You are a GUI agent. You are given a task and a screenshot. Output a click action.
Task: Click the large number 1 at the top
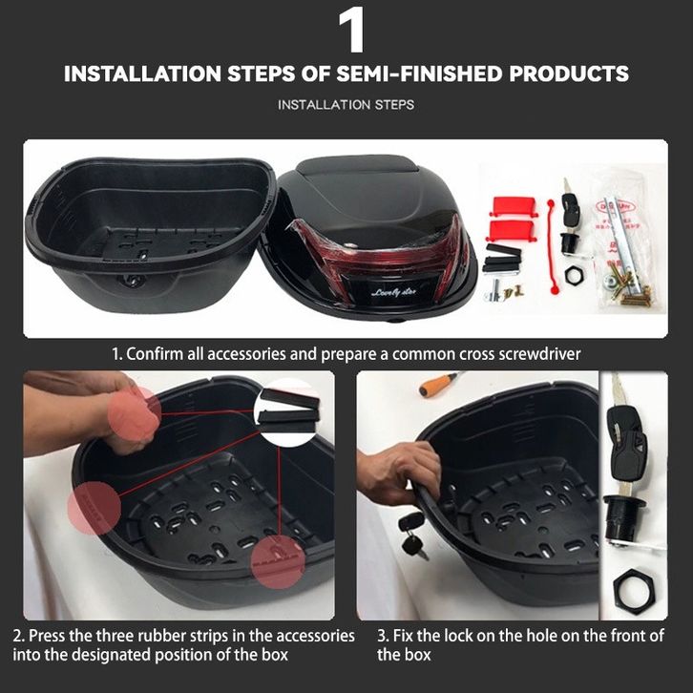[x=352, y=30]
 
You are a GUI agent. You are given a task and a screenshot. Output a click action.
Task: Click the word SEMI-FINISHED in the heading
[x=419, y=73]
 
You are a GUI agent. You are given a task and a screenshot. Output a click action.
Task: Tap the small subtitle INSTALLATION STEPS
[x=346, y=105]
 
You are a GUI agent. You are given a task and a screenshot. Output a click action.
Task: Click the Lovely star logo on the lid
[x=394, y=292]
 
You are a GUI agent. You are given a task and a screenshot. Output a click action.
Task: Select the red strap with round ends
[x=552, y=245]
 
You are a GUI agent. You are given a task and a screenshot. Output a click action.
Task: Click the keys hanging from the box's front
[x=412, y=535]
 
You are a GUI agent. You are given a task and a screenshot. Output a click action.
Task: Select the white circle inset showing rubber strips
[x=287, y=412]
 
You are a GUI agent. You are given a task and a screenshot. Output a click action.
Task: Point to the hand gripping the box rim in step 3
[x=398, y=472]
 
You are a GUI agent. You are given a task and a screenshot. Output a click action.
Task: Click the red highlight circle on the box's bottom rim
[x=278, y=562]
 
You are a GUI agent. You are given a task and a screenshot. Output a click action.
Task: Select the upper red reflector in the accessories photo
[x=513, y=206]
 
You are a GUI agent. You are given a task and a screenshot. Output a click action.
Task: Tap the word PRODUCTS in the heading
[x=569, y=73]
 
